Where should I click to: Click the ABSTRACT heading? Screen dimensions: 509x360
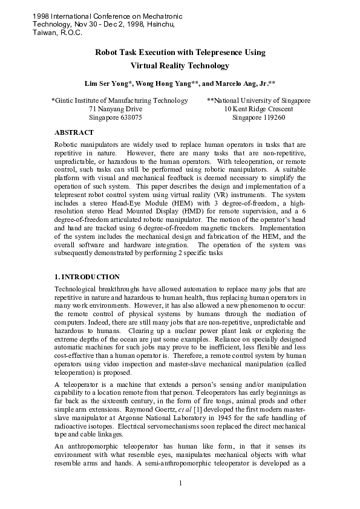coord(74,132)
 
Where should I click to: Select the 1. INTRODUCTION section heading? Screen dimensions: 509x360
coord(87,276)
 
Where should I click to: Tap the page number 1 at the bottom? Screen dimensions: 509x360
coord(180,482)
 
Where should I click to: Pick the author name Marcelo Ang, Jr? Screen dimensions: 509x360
coord(242,83)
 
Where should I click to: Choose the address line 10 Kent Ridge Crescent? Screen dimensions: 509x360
coord(258,109)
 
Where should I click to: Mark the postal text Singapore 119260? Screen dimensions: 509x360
coord(258,118)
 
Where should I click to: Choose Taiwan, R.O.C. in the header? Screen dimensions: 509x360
coord(56,32)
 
